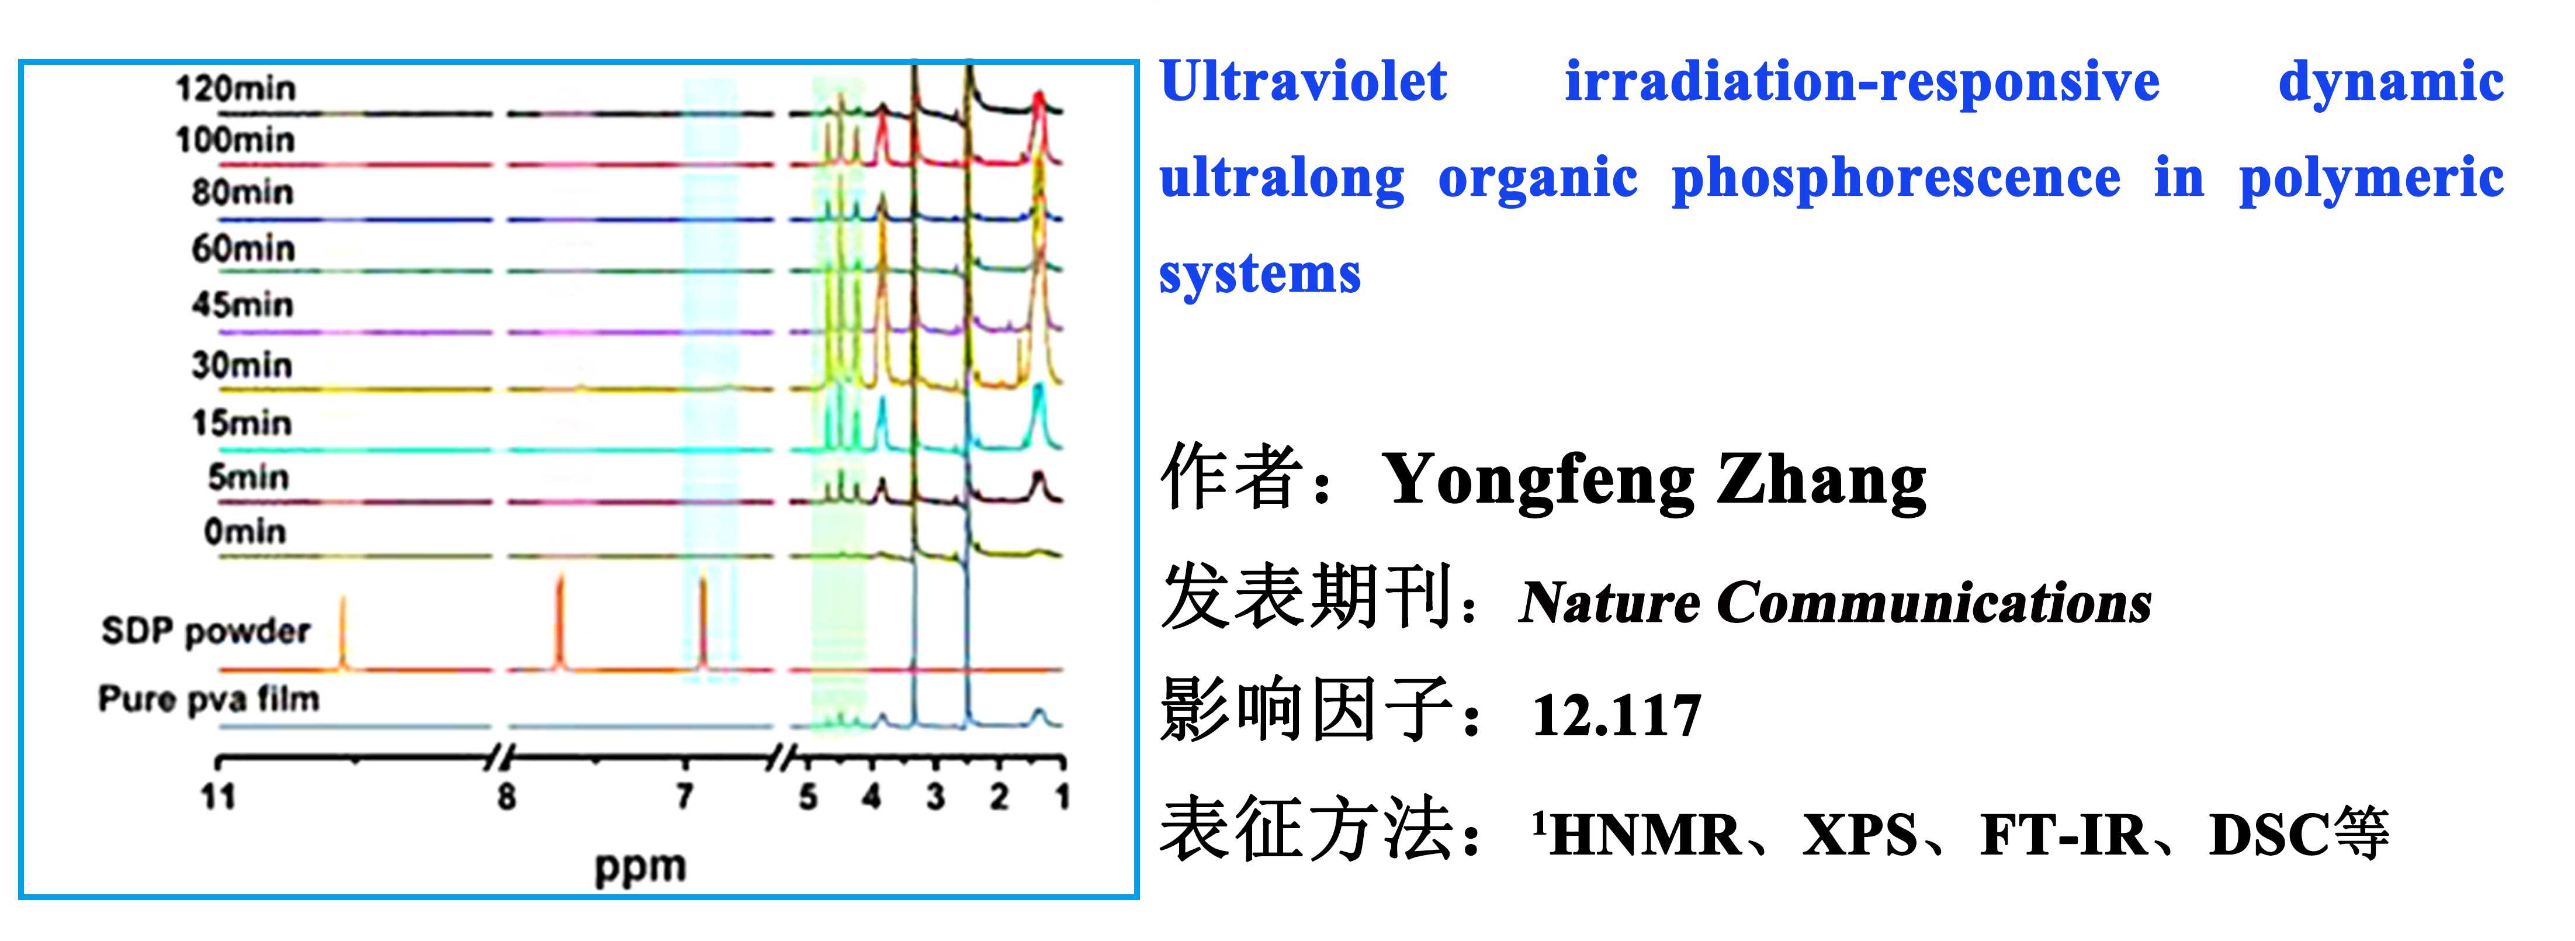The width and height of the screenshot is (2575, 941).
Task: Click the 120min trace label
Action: point(236,88)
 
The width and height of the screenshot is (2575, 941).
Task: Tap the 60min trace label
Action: point(243,247)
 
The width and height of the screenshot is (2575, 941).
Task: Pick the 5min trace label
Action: point(248,477)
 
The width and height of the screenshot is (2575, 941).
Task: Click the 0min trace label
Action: point(245,531)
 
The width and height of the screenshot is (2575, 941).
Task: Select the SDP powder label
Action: point(206,632)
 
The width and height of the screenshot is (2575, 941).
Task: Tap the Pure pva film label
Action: point(209,698)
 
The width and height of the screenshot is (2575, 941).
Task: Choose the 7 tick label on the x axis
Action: point(685,796)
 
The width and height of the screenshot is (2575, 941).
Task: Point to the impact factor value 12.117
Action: point(1616,716)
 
